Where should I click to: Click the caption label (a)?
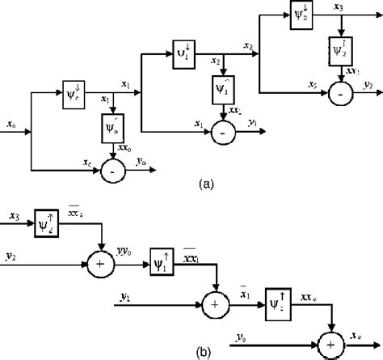click(x=207, y=184)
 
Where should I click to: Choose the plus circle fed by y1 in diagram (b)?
click(x=215, y=306)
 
